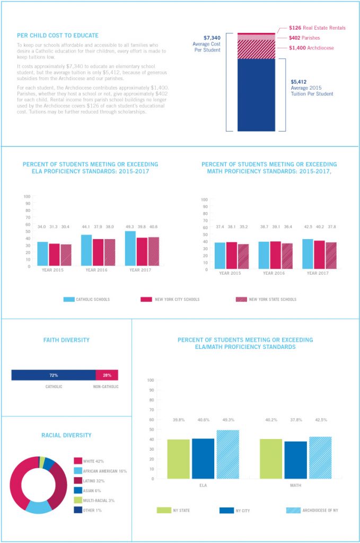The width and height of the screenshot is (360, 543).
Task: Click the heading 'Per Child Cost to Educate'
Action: coord(57,36)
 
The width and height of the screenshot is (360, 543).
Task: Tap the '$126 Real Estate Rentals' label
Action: coord(317,28)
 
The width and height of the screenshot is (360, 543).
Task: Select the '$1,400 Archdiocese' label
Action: coord(311,48)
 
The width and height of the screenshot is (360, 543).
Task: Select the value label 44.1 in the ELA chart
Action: coord(86,227)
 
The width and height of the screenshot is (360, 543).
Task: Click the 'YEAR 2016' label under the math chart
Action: coord(272,273)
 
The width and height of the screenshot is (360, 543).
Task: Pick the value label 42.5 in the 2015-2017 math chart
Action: coord(308,227)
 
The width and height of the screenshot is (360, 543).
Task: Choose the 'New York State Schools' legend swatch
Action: coord(241,300)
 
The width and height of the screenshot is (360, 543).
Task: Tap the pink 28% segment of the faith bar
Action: coord(107,375)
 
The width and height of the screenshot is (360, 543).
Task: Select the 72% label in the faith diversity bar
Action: coord(53,375)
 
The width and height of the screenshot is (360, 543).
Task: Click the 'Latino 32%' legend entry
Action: coord(94,480)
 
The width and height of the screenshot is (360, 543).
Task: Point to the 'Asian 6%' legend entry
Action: coord(92,491)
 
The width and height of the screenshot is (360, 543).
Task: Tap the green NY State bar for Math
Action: coord(271,459)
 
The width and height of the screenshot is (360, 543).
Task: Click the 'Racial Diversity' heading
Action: coord(66,435)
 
